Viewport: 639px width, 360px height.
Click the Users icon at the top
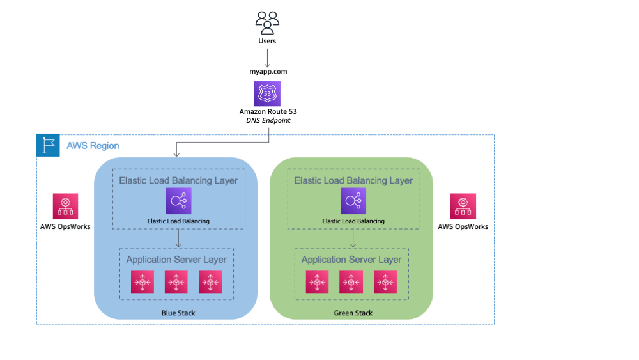(x=267, y=23)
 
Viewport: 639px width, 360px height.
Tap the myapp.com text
(x=267, y=72)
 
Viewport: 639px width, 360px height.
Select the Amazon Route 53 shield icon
(x=267, y=93)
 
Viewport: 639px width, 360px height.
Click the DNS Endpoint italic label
(x=268, y=120)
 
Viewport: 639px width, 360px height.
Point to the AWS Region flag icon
(x=48, y=146)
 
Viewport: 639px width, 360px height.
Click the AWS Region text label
(x=93, y=146)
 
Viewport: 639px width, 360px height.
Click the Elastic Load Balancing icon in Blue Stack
(x=178, y=201)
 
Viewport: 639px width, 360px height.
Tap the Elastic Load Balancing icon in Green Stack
(x=353, y=201)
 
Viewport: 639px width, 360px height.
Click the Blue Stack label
(x=178, y=313)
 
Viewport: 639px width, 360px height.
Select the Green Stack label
(x=353, y=313)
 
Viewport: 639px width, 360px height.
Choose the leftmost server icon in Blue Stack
(x=142, y=282)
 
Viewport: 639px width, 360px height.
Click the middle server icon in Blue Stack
(x=176, y=282)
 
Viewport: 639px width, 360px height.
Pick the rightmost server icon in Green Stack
(x=385, y=282)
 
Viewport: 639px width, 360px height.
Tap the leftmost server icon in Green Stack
(x=317, y=282)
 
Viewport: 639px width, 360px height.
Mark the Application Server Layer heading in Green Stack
(x=351, y=260)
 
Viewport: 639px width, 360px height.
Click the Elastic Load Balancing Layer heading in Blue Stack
(x=178, y=180)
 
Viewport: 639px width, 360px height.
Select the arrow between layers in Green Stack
(x=353, y=239)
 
